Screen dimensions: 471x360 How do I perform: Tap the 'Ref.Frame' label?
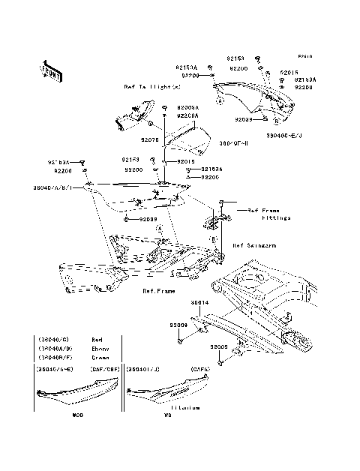[158, 293]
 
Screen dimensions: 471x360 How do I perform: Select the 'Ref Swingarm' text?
[255, 245]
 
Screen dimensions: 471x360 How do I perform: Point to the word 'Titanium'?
[184, 408]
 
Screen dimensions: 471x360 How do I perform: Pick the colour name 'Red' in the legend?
[96, 340]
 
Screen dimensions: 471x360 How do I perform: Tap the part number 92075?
[149, 139]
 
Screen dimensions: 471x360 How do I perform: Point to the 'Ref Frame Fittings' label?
[268, 214]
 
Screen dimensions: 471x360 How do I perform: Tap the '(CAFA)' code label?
[197, 369]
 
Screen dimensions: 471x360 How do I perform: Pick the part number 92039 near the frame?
[149, 219]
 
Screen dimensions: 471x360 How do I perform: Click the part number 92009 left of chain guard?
[178, 325]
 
